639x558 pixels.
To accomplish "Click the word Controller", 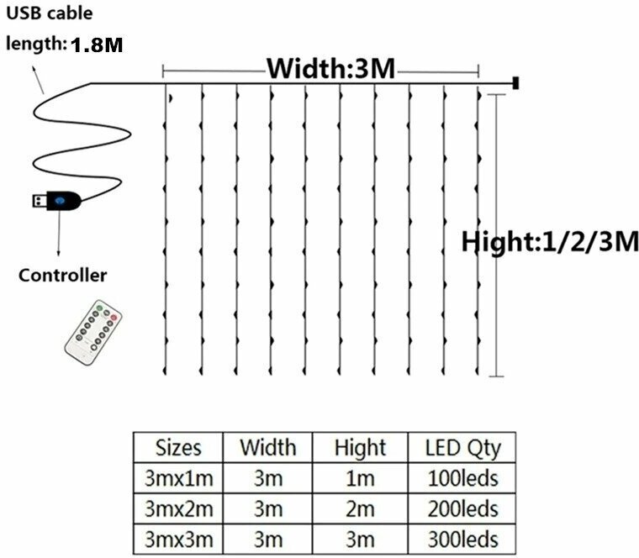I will click(x=63, y=275).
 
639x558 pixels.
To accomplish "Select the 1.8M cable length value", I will click(x=97, y=45).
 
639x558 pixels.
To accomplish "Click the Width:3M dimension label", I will click(x=330, y=69).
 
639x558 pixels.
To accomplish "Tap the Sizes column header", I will click(x=179, y=447).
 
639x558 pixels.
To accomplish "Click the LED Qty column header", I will click(x=462, y=447).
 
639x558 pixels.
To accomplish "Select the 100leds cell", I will click(x=462, y=478).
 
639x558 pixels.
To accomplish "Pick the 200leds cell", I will click(x=462, y=508).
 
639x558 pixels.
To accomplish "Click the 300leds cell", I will click(x=462, y=539).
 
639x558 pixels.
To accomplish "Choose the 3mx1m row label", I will click(x=179, y=478).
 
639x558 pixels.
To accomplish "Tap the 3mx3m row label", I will click(x=179, y=539).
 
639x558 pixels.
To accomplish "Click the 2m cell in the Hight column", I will click(x=359, y=508).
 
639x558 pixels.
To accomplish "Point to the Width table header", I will click(x=267, y=447).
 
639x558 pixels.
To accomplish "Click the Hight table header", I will click(x=359, y=447).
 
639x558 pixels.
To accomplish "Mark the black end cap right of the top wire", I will click(x=514, y=83).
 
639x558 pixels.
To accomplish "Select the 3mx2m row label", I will click(x=179, y=508).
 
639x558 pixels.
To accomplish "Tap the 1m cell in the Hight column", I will click(x=359, y=478).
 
